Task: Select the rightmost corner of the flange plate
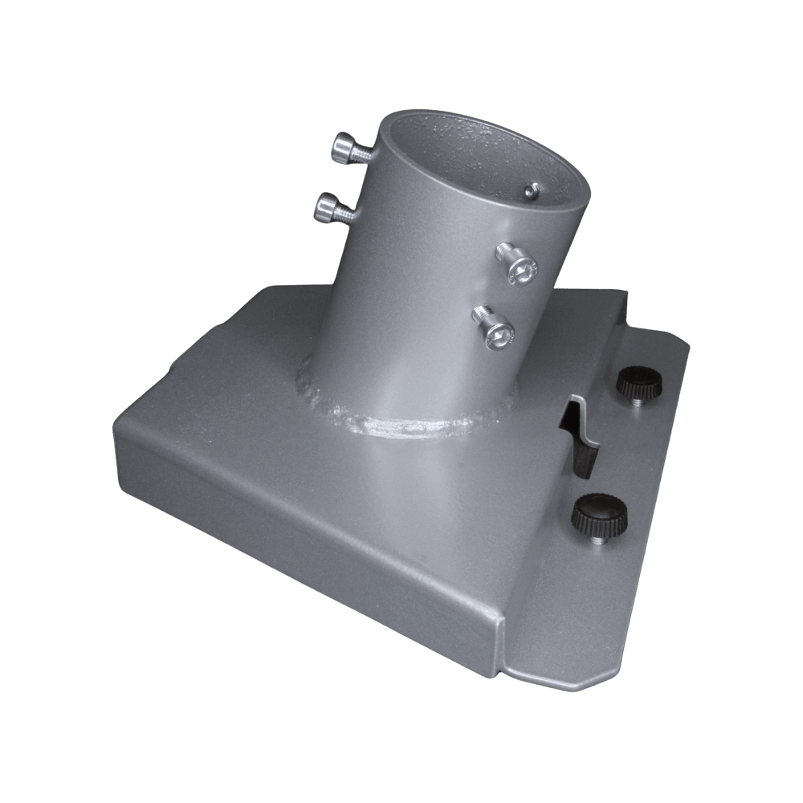coord(691,345)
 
